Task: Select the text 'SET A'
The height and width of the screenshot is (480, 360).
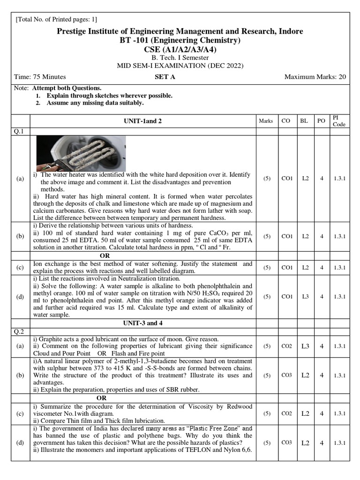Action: [x=165, y=77]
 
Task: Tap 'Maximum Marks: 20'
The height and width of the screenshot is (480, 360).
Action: [x=315, y=77]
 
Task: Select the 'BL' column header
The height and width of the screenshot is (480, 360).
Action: [x=304, y=121]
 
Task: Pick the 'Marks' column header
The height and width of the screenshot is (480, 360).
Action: [x=266, y=121]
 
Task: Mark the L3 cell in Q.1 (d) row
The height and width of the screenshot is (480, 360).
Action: [x=304, y=296]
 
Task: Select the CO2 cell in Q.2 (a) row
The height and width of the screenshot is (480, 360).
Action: [x=286, y=346]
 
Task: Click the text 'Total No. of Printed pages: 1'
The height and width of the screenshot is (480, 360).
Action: [x=57, y=19]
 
